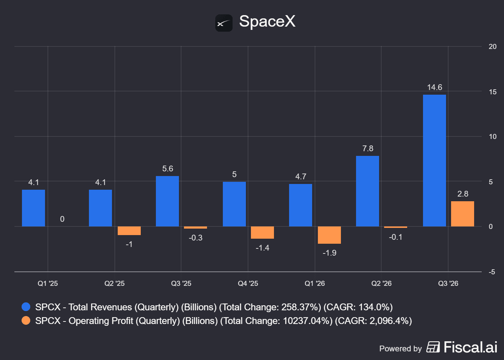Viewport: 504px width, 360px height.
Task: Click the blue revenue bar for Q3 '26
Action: tap(434, 161)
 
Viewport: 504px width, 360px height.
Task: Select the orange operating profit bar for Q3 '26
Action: tap(462, 214)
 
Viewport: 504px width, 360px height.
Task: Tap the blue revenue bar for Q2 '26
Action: tap(368, 191)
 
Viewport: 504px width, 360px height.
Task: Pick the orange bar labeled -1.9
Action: tap(329, 235)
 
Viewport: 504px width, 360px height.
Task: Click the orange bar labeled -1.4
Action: tap(262, 233)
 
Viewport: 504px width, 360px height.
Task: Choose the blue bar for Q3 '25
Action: tap(167, 201)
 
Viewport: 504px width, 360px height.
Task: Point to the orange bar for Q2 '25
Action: tap(129, 231)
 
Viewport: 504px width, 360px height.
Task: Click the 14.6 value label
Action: tap(435, 87)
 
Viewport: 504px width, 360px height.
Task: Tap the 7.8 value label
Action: tap(368, 148)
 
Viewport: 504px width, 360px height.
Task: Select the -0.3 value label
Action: tap(195, 238)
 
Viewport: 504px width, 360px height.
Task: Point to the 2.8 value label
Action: tap(463, 194)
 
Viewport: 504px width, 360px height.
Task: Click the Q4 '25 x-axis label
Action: tap(248, 283)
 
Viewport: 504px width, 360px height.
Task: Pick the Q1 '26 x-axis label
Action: tap(315, 283)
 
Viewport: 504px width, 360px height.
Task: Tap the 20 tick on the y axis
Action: tap(492, 46)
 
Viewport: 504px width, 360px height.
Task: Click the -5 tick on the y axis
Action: tap(492, 272)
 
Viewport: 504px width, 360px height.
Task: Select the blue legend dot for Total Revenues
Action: tap(26, 307)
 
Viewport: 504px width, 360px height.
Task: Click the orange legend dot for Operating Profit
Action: tap(26, 321)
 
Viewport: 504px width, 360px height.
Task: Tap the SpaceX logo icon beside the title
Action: tap(224, 23)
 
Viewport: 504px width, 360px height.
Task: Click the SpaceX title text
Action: tap(267, 21)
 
